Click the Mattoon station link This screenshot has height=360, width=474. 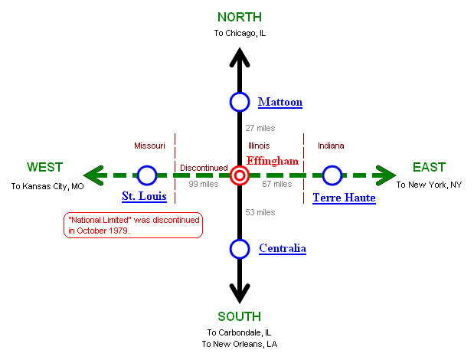[x=280, y=102]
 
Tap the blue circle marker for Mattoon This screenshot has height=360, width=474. [x=240, y=102]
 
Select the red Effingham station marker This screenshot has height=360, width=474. [x=240, y=176]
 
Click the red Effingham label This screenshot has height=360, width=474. [x=273, y=161]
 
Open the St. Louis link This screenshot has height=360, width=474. [x=144, y=197]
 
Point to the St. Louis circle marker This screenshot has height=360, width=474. [x=147, y=176]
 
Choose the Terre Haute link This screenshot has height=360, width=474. [x=344, y=198]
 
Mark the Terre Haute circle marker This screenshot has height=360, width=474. [x=332, y=176]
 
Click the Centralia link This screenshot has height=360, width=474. [x=283, y=248]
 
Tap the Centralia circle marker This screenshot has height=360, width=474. [x=240, y=249]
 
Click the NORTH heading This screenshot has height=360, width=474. [x=240, y=17]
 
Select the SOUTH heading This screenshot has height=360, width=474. [x=240, y=316]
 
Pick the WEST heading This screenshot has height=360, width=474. [x=45, y=168]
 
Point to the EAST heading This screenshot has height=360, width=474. [x=429, y=168]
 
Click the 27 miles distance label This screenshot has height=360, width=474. [x=260, y=128]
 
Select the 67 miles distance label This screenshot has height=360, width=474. [x=277, y=185]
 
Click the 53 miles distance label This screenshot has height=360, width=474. [x=260, y=212]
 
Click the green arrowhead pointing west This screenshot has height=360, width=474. [x=93, y=176]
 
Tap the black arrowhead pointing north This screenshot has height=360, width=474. [x=240, y=58]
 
